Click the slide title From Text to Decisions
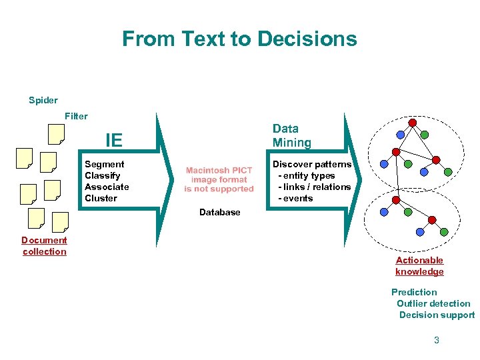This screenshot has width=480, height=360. (x=239, y=39)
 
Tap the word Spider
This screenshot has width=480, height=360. (x=43, y=101)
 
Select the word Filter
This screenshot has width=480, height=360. (x=76, y=116)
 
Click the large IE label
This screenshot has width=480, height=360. (x=114, y=140)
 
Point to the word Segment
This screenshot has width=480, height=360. (x=104, y=164)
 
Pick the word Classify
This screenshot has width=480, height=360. (x=102, y=175)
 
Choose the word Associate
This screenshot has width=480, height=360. (x=107, y=187)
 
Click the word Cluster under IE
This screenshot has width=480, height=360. (x=101, y=198)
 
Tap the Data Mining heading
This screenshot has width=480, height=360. (x=292, y=135)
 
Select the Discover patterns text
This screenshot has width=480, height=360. (x=312, y=164)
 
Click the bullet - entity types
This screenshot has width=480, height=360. (x=307, y=175)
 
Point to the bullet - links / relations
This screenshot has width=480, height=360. (x=314, y=187)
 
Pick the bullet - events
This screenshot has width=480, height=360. (x=295, y=198)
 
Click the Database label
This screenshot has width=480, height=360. (x=219, y=212)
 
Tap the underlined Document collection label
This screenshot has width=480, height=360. (x=45, y=246)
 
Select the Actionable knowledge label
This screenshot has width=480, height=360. (x=419, y=266)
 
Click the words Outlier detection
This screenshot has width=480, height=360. (x=433, y=303)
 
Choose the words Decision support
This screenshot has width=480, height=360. (x=437, y=315)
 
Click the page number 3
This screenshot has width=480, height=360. (x=437, y=340)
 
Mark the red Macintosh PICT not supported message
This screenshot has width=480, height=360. (x=219, y=179)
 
